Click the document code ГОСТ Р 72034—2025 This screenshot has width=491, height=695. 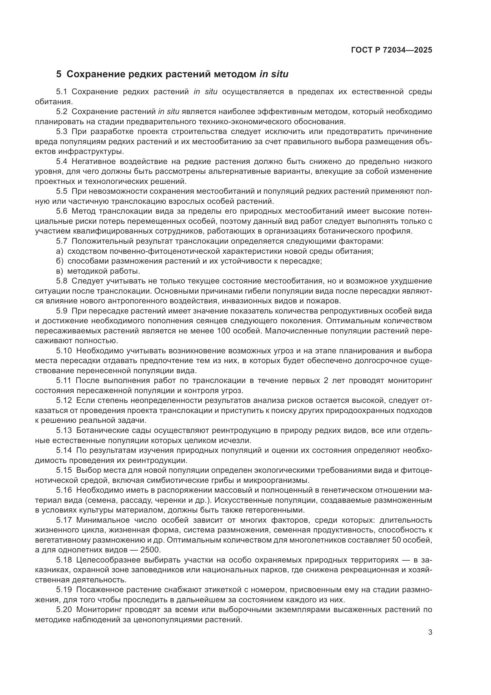[392, 50]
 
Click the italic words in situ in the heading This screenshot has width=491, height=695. [274, 74]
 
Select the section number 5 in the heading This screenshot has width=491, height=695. [59, 74]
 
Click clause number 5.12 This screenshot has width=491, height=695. [64, 401]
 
